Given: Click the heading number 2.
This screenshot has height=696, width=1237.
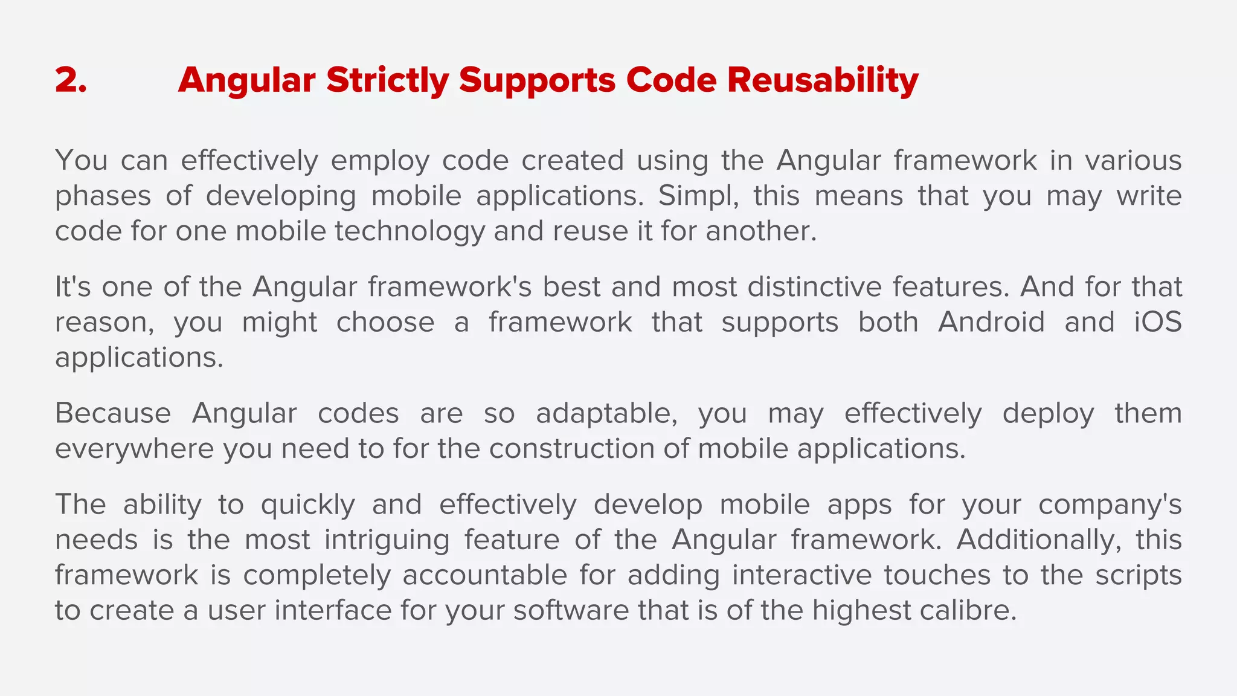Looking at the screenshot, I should (71, 80).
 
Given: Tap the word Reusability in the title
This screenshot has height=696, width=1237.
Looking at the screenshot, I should (823, 80).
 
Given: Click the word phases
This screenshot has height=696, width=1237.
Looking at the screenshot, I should (103, 197).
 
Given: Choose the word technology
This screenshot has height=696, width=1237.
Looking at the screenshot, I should (410, 232).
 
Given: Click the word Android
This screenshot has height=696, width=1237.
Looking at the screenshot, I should (991, 322).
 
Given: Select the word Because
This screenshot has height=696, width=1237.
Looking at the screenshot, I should (113, 414).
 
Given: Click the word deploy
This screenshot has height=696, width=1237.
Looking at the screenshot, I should (1048, 414).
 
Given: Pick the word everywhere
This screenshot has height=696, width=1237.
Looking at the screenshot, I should (134, 449).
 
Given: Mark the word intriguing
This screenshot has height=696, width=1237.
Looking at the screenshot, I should (387, 540).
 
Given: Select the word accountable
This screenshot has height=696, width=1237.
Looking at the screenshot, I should (484, 575).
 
